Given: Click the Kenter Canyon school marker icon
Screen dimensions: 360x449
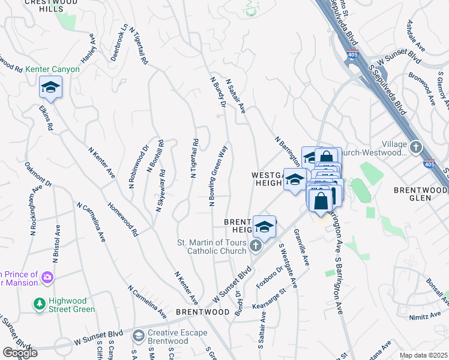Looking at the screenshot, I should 51,88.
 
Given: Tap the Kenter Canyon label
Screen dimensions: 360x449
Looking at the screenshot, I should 53,70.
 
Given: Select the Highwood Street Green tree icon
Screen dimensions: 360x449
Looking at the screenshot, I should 40,304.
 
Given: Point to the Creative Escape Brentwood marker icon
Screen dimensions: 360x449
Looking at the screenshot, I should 139,334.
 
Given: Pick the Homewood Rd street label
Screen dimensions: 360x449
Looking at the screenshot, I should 124,218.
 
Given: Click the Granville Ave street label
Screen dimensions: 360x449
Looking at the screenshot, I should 301,250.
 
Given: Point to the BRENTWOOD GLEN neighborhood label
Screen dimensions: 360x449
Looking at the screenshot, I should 421,190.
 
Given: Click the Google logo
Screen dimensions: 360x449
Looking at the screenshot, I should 20,352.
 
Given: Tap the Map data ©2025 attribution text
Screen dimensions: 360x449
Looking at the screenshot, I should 423,355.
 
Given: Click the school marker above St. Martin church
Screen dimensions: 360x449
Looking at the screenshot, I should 264,226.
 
